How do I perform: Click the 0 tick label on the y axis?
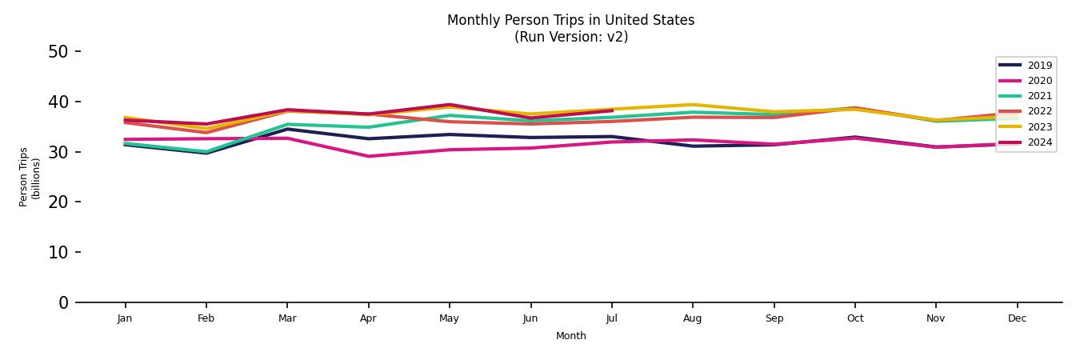[x=63, y=302]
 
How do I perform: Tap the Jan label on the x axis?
[x=125, y=318]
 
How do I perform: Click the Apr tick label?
[x=368, y=318]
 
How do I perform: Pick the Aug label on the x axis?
[x=693, y=318]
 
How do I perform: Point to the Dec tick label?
[x=1017, y=318]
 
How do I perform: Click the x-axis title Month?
[x=571, y=336]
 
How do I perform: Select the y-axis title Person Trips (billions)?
[x=30, y=177]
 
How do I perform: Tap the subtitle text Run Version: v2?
[x=571, y=37]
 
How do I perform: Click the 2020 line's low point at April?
[x=368, y=156]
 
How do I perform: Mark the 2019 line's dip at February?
[x=206, y=153]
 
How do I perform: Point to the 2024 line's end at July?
[x=612, y=110]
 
